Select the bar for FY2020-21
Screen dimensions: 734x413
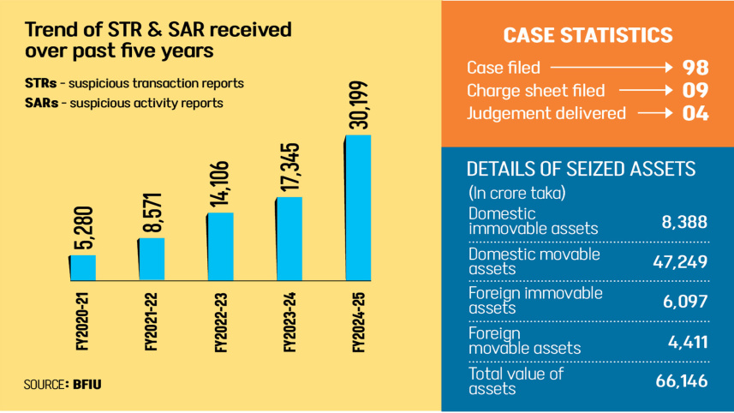[83, 268]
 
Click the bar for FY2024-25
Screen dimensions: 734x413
[358, 208]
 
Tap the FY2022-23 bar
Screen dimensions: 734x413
[220, 247]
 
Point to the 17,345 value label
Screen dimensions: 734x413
[289, 167]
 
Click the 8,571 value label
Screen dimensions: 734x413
[152, 213]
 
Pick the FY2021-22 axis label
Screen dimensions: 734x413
[152, 322]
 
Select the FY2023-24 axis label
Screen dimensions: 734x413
[289, 322]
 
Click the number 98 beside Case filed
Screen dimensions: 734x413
[695, 68]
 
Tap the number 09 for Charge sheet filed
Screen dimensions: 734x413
[695, 90]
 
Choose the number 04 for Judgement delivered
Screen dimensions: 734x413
[695, 113]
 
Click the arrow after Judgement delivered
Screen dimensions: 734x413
[655, 113]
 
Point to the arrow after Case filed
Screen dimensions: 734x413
[612, 68]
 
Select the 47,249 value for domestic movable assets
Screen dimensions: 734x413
[680, 261]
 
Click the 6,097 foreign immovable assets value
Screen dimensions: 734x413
[685, 302]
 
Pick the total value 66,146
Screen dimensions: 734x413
[682, 381]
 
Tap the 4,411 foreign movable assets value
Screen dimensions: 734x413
[688, 342]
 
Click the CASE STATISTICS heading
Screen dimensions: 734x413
[588, 36]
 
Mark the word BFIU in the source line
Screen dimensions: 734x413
[87, 385]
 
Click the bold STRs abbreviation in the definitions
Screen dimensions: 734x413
[41, 83]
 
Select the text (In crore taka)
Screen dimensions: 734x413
[516, 193]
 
